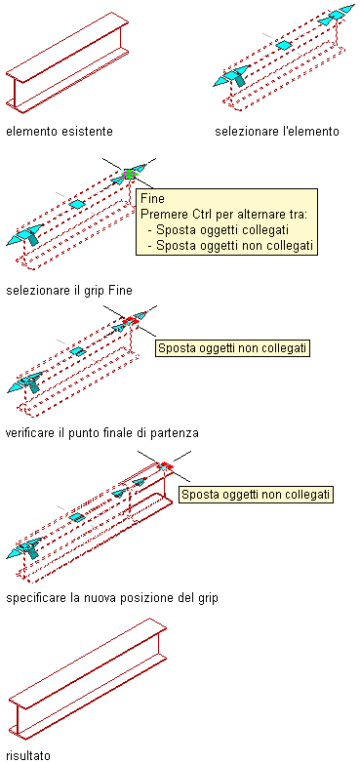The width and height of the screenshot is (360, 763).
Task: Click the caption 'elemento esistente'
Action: pos(60,132)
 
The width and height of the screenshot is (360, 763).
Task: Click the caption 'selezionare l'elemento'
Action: pos(277,132)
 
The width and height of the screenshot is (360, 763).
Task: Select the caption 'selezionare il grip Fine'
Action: pos(69,291)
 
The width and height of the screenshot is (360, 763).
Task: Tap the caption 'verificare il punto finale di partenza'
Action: pos(102,433)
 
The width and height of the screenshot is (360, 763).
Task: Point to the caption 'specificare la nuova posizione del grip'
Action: pos(112,597)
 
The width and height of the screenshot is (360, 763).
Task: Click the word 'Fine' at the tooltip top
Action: pos(152,198)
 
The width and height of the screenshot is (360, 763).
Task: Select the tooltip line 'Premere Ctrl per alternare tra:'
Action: pos(221,215)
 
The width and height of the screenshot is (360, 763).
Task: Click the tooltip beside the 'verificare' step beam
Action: pos(232,348)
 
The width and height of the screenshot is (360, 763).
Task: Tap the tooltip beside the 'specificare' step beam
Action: pos(256,495)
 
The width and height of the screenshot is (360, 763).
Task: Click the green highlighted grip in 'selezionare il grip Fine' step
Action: pos(130,174)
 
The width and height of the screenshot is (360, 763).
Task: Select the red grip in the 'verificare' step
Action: pos(131,321)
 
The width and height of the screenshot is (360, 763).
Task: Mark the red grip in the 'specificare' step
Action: pos(166,466)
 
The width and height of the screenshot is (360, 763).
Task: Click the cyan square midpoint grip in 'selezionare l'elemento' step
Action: pos(283,45)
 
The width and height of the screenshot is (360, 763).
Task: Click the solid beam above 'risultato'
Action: pos(88,679)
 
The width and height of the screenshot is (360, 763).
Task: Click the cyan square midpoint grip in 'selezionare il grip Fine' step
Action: pos(76,204)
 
